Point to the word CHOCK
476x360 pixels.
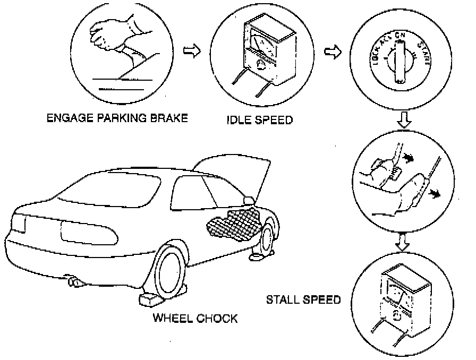pos(217,319)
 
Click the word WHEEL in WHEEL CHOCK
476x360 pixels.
pos(174,319)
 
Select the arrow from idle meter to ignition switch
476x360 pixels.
pos(333,53)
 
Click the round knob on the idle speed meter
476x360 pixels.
pos(261,64)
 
